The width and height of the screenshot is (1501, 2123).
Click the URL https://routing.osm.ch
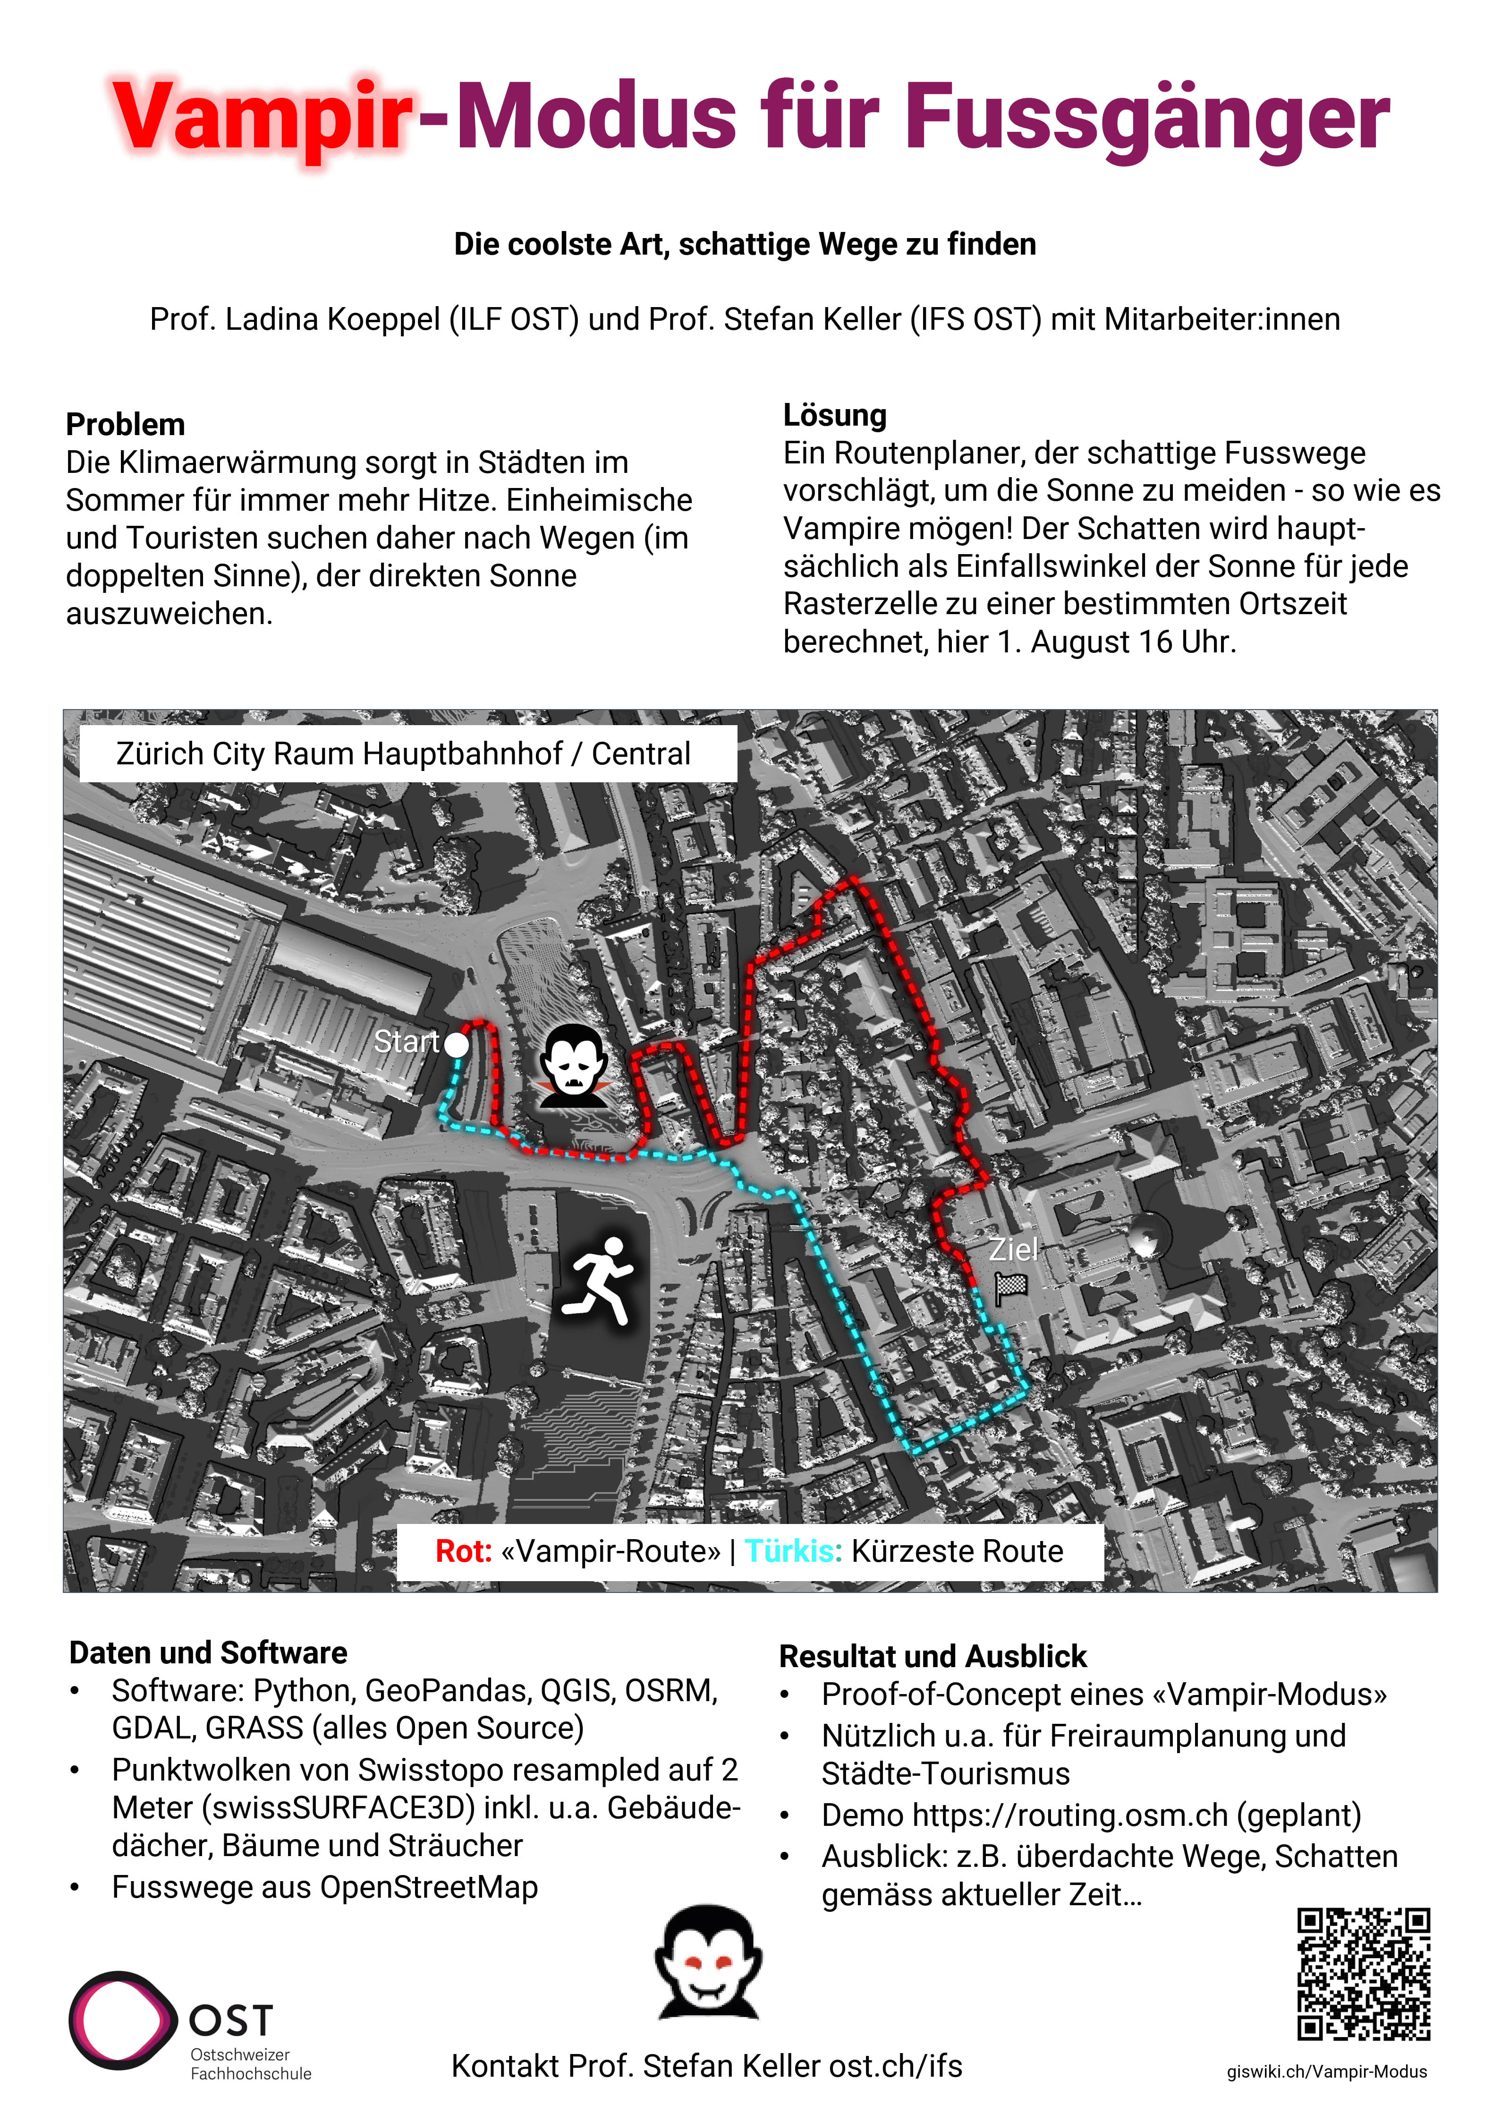(1070, 1815)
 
